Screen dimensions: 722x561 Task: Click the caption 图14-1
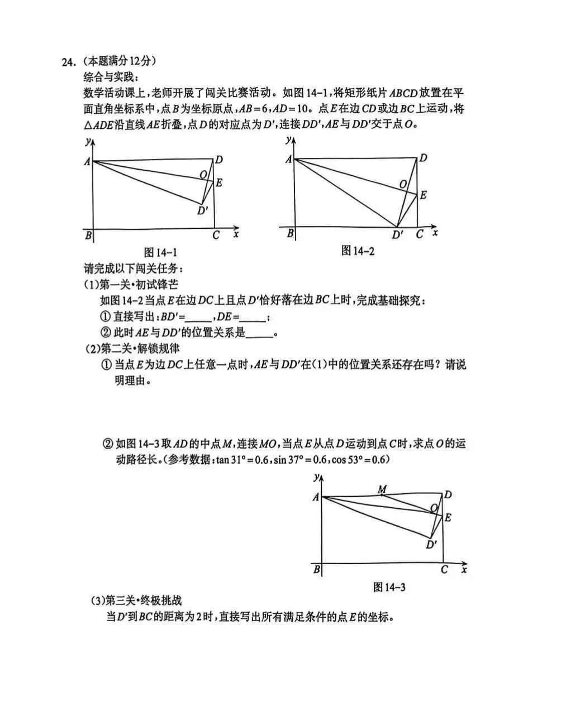[x=161, y=252]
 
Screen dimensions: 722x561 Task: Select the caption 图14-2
[x=358, y=251]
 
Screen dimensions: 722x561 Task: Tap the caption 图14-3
[x=389, y=587]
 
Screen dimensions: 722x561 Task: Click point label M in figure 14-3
[x=382, y=489]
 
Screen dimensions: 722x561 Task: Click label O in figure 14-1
[x=203, y=175]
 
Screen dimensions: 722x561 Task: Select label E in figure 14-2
[x=424, y=195]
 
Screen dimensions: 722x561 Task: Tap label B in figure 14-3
[x=317, y=570]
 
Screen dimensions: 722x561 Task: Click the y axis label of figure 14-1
[x=88, y=142]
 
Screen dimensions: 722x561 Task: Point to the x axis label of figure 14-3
[x=464, y=570]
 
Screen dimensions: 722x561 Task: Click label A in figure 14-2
[x=288, y=160]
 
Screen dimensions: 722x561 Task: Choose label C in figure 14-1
[x=216, y=235]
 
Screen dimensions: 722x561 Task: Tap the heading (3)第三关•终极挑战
[x=136, y=601]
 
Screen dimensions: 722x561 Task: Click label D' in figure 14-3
[x=431, y=545]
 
